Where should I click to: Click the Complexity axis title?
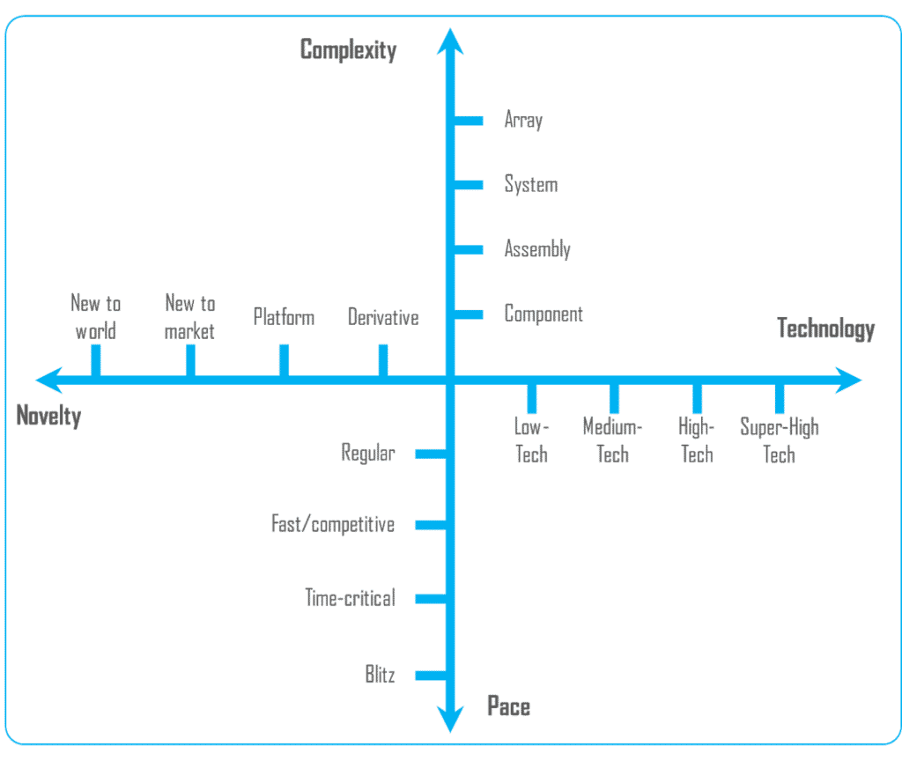(348, 50)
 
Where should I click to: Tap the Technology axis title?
(825, 329)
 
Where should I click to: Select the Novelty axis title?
(48, 416)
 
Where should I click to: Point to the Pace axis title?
(508, 706)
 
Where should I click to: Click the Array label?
(522, 121)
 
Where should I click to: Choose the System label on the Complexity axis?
(530, 185)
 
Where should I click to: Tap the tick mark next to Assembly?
(469, 250)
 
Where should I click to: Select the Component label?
(543, 314)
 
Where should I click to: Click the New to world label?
(95, 317)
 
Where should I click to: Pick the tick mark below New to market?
(190, 359)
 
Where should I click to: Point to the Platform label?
(284, 317)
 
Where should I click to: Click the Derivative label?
(383, 317)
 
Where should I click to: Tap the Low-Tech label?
(531, 440)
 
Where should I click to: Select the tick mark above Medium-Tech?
(614, 398)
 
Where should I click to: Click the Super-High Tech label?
(780, 440)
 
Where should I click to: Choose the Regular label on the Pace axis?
(367, 454)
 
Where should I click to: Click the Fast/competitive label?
(332, 525)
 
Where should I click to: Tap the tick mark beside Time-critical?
(431, 599)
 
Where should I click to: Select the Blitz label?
(380, 676)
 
